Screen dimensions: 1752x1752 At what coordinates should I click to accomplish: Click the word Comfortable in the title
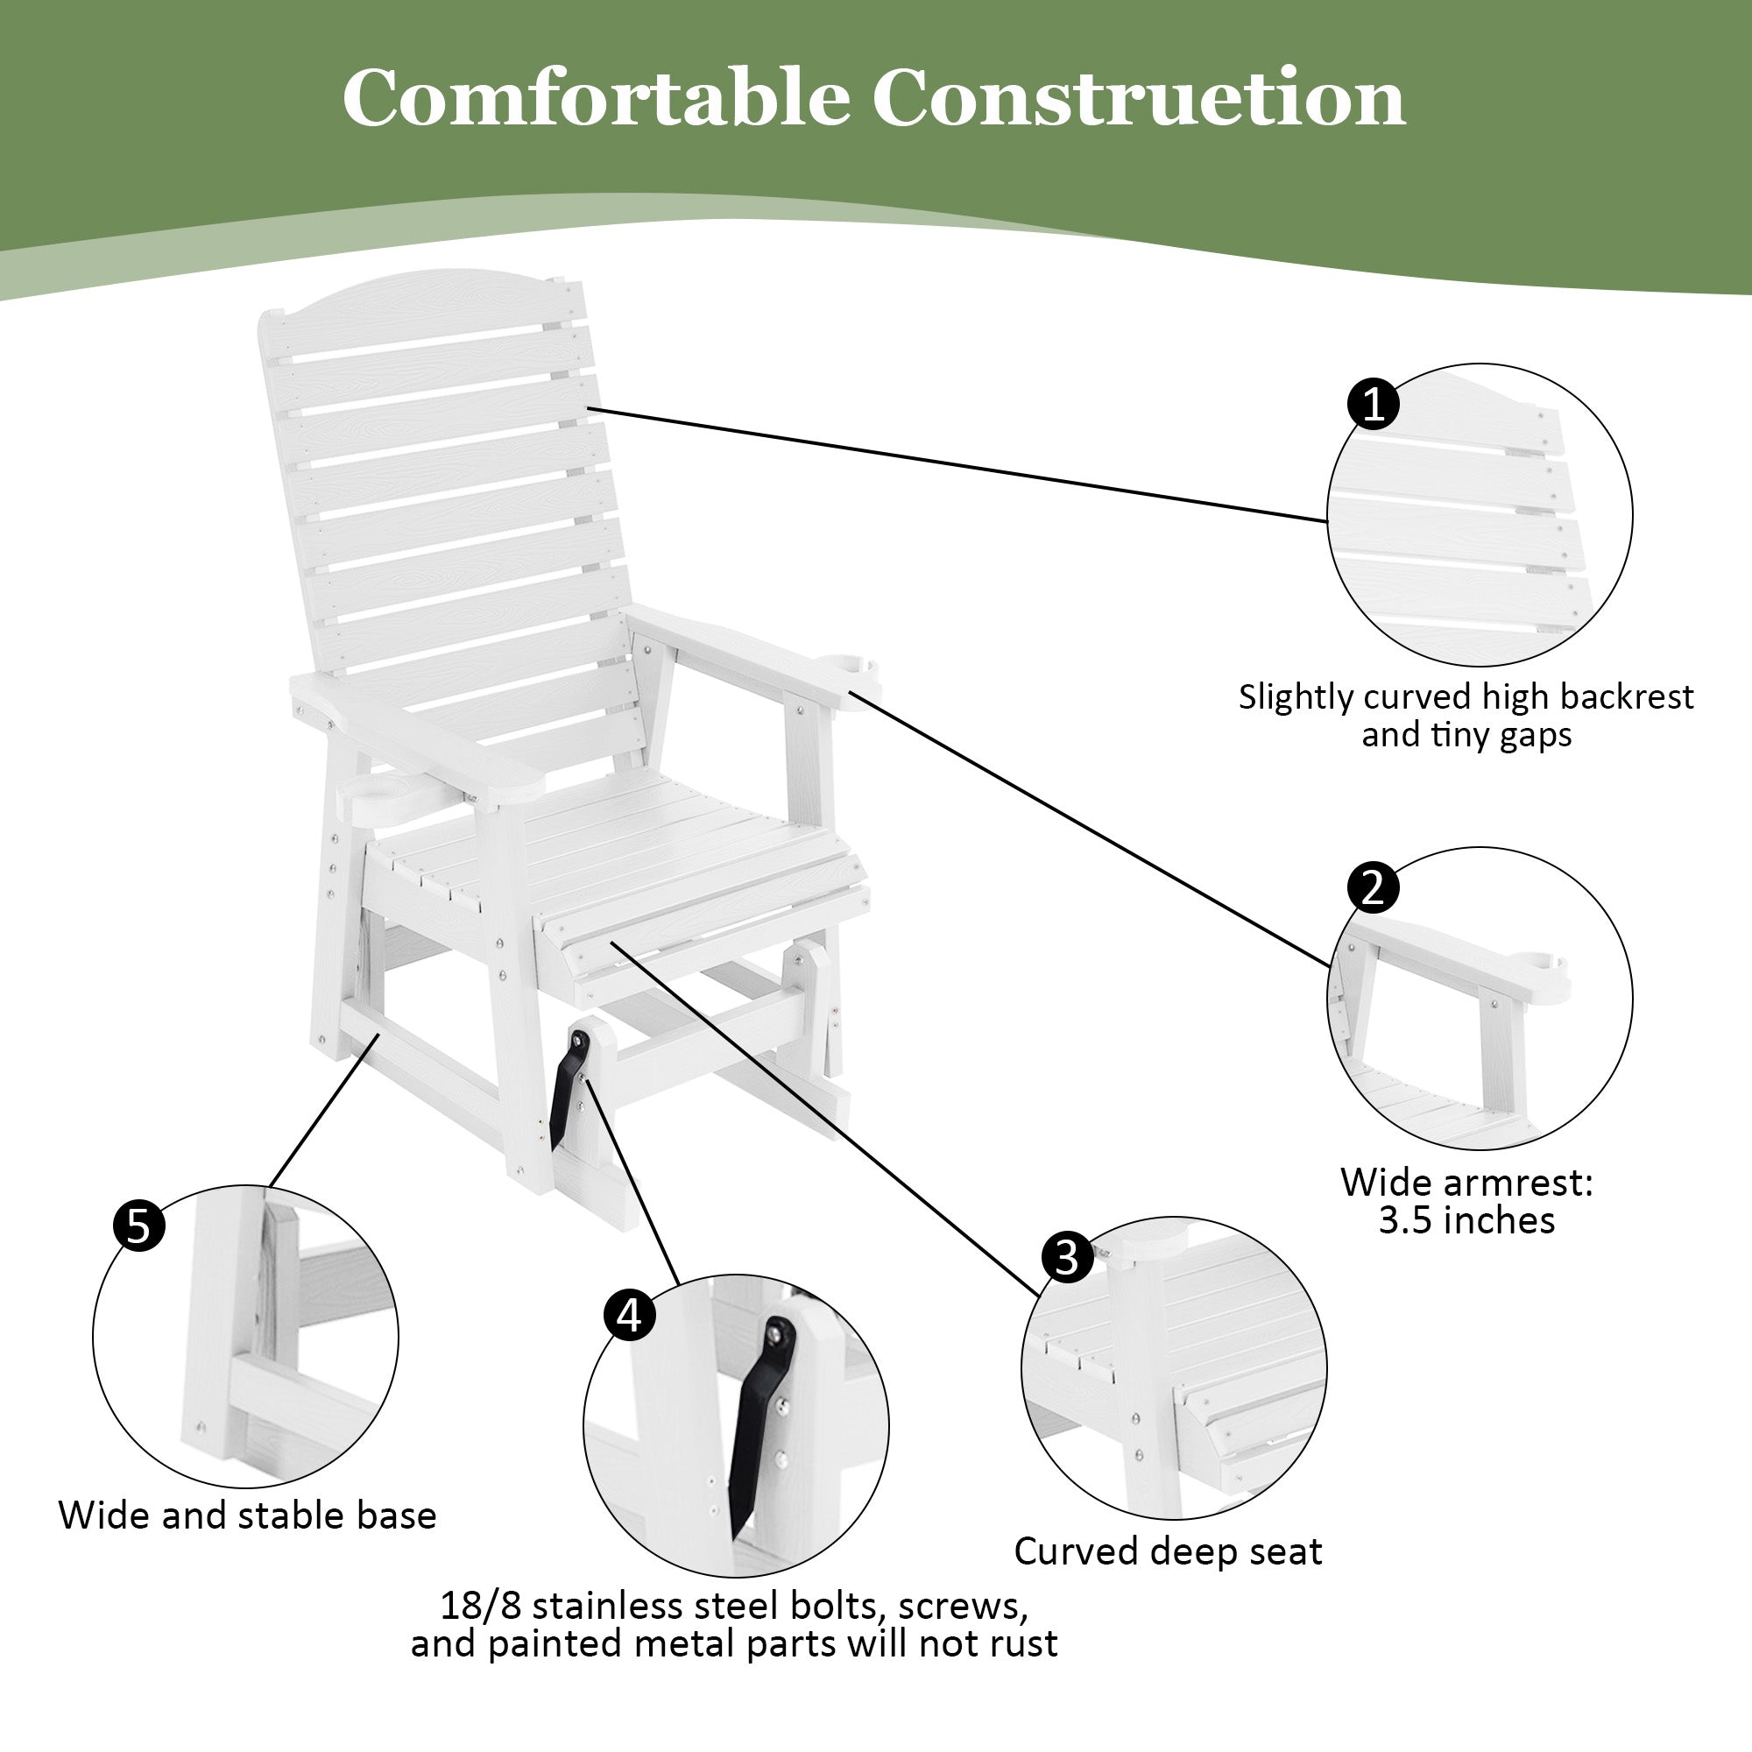pos(595,98)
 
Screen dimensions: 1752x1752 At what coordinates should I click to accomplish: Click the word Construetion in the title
pos(1138,98)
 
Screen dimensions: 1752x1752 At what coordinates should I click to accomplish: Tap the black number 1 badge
pos(1374,404)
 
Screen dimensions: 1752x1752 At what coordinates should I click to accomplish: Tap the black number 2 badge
pos(1373,887)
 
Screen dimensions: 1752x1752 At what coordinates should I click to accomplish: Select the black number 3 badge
pos(1067,1258)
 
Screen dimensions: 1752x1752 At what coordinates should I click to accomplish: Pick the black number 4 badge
pos(630,1314)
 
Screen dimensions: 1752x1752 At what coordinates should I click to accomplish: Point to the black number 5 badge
pos(138,1226)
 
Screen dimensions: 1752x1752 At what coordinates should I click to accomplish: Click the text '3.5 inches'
pos(1466,1220)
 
